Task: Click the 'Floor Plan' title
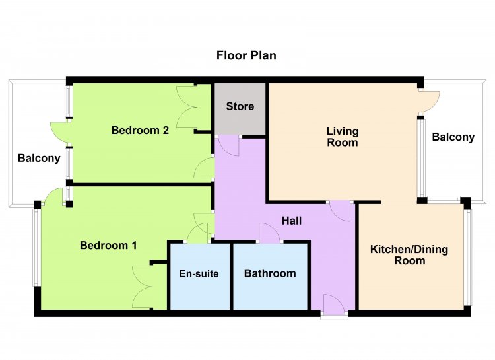coord(246,55)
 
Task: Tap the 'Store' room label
coord(240,106)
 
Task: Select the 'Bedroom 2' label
coord(140,130)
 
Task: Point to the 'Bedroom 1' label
coord(108,245)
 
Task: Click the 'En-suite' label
coord(199,273)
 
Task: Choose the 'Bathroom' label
coord(270,273)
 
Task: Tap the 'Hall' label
coord(292,221)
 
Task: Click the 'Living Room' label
coord(343,137)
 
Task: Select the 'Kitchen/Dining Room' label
coord(409,255)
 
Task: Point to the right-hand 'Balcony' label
coord(453,137)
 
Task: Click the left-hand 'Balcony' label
coord(39,158)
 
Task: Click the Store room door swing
coord(228,146)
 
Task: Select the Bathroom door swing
coord(269,233)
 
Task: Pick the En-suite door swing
coord(197,233)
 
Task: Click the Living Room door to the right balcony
coord(430,102)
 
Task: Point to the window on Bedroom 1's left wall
coord(36,248)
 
